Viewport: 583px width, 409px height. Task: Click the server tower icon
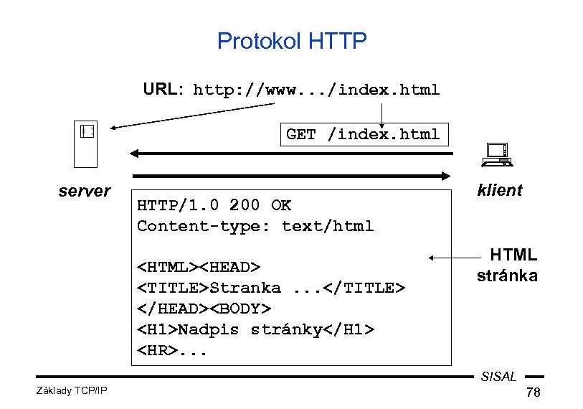point(87,143)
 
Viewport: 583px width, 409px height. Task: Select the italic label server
point(84,191)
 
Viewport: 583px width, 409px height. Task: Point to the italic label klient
point(499,190)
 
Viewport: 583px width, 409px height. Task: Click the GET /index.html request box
point(363,134)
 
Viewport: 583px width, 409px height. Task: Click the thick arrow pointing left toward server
point(290,153)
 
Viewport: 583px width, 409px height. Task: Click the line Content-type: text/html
point(255,226)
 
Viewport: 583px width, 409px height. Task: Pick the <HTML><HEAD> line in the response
point(199,267)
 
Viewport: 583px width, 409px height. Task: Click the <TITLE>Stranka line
point(271,288)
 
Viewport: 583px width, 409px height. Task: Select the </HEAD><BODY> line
point(204,309)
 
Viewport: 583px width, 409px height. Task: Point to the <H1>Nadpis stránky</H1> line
point(255,329)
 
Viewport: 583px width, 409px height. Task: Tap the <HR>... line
point(173,350)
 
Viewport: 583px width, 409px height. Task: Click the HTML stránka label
point(508,265)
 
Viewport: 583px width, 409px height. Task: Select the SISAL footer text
point(498,377)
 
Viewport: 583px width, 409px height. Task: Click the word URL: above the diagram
point(163,90)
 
